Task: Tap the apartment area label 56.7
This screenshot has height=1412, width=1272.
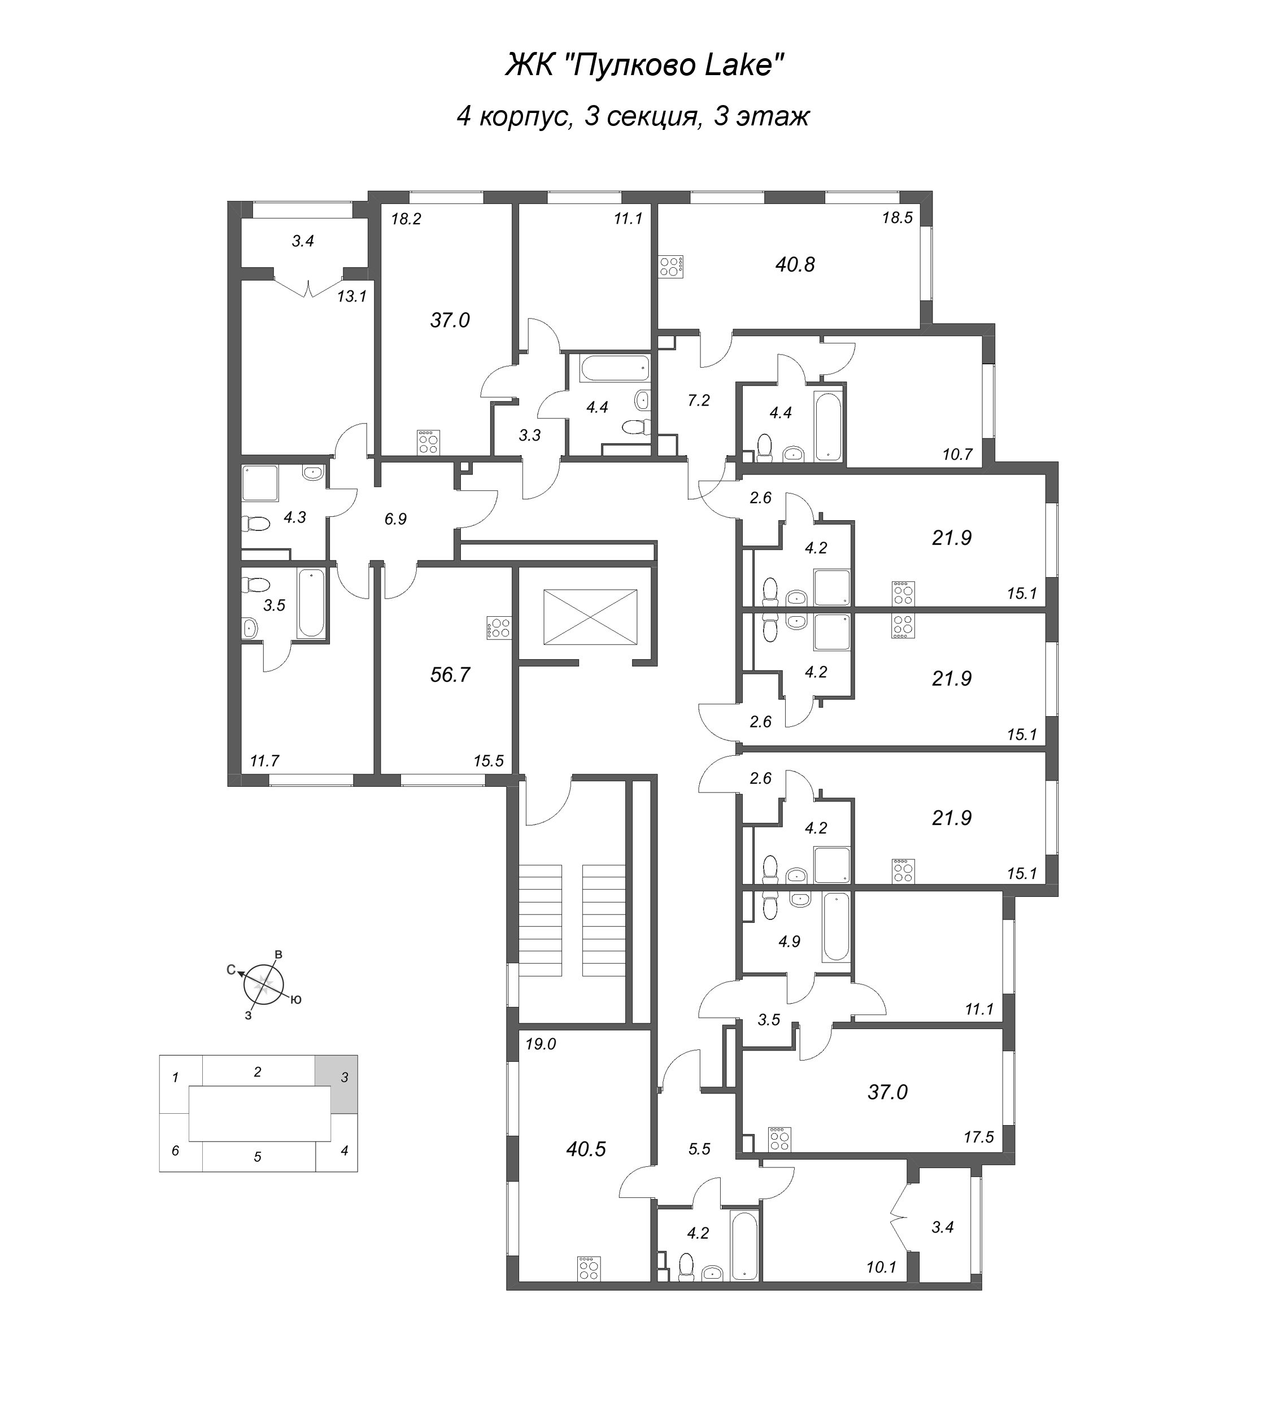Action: pos(450,674)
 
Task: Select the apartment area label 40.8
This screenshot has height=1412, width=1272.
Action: pos(795,264)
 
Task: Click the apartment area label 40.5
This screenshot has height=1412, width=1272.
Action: pos(586,1148)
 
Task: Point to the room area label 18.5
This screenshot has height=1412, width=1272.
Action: pos(898,217)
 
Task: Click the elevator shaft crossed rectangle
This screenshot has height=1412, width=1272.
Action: pos(590,617)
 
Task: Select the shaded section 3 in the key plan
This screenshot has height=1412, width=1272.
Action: pos(336,1078)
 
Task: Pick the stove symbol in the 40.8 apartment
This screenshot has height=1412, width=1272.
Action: pos(671,267)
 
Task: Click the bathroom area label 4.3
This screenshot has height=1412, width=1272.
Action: pos(294,517)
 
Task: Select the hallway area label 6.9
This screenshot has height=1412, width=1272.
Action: pos(395,518)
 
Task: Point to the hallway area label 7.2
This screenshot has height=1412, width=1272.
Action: pos(698,400)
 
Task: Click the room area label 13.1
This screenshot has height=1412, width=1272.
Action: pos(351,297)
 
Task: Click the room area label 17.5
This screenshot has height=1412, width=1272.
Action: pos(978,1136)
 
